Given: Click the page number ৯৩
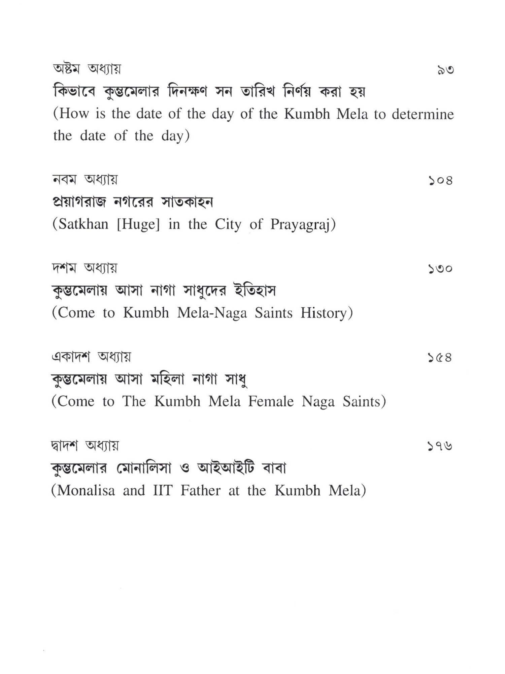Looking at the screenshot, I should [x=445, y=70].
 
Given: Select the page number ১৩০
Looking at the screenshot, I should [x=440, y=269].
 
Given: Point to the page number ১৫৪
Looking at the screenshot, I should [x=440, y=357].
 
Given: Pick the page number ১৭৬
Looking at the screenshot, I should [x=440, y=446].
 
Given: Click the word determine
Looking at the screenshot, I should [x=423, y=114].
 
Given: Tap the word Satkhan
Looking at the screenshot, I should [x=83, y=224].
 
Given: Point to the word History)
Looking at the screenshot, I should [x=327, y=313].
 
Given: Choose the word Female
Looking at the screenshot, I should [x=271, y=401].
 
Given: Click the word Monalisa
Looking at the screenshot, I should [x=86, y=490].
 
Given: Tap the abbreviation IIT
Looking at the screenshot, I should [x=163, y=490].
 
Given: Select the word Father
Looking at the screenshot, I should [x=200, y=490].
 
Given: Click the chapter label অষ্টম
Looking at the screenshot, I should [x=66, y=69].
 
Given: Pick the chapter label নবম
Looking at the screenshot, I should [x=65, y=179].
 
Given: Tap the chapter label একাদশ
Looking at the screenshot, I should [x=71, y=357].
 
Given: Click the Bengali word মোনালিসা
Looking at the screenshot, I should [x=144, y=468].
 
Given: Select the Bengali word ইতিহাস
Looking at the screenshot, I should [x=255, y=290].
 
